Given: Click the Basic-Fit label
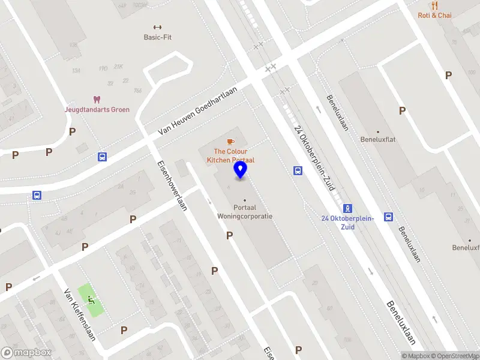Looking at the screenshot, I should (x=158, y=37).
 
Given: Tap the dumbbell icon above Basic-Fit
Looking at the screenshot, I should (x=158, y=26).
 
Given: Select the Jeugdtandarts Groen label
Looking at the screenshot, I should (x=97, y=110).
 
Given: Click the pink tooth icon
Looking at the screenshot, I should (x=96, y=100).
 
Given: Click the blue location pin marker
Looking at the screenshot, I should (x=240, y=170).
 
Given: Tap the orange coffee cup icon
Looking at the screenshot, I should (x=231, y=142).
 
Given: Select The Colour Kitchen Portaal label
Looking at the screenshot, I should (x=231, y=156).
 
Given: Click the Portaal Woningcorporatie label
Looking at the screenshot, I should (x=244, y=212).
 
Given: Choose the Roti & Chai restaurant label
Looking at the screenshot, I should (x=434, y=16).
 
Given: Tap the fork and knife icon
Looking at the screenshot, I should (x=434, y=5).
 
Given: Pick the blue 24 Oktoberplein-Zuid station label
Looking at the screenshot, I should (x=347, y=223).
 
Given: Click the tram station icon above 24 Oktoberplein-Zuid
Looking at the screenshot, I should (x=348, y=208).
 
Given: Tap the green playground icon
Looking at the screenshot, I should (x=91, y=299).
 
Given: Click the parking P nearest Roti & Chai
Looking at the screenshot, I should (x=448, y=75).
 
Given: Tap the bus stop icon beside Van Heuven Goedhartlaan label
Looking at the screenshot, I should (x=102, y=157).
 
